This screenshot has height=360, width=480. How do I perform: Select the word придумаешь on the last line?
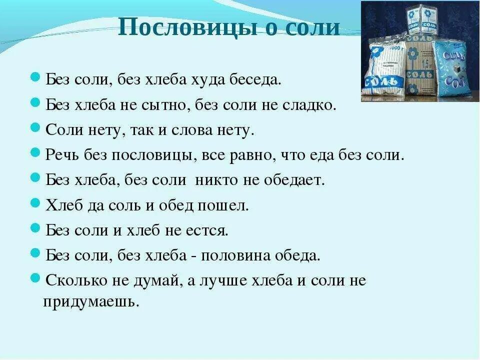point(90,302)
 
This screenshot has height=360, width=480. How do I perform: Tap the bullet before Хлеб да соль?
point(35,203)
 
